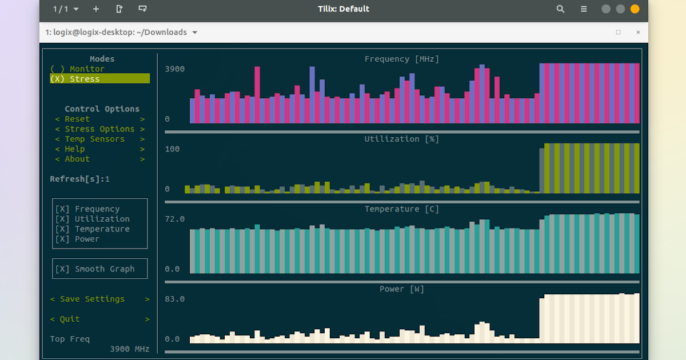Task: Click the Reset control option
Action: click(x=77, y=119)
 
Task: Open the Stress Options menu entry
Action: click(x=99, y=129)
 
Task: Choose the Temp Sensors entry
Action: click(x=94, y=139)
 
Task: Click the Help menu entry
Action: click(x=75, y=149)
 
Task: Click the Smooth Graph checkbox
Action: click(x=95, y=269)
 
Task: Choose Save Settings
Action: click(x=92, y=299)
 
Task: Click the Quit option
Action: click(x=70, y=319)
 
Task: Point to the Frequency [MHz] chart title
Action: click(x=402, y=59)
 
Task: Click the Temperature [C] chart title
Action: click(x=402, y=209)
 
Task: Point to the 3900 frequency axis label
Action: click(x=175, y=69)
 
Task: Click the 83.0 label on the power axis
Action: click(x=175, y=299)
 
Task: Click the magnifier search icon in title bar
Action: click(x=560, y=9)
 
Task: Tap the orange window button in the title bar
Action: click(x=635, y=9)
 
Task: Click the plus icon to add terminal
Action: click(x=95, y=9)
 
